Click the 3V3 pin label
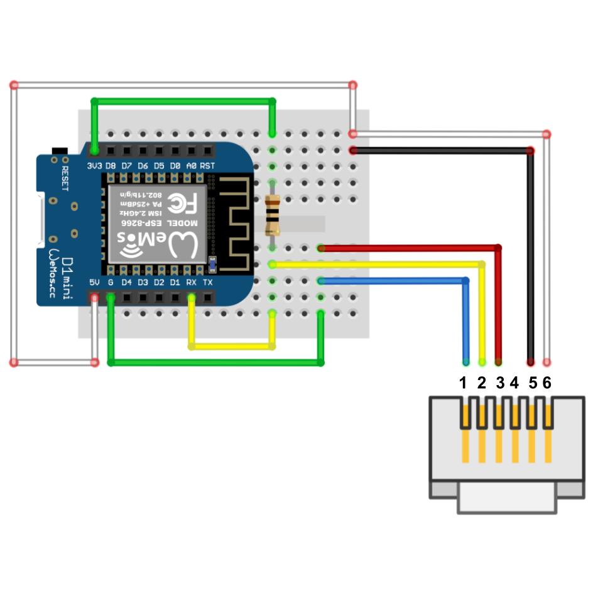(94, 166)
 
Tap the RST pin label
(208, 166)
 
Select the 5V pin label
(94, 283)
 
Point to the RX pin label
(192, 283)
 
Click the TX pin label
(208, 283)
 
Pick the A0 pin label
(192, 166)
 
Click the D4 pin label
(126, 283)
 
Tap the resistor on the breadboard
(273, 215)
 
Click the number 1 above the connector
(464, 383)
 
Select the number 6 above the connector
(547, 383)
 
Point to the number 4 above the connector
(514, 383)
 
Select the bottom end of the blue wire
(465, 362)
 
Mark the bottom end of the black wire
(531, 362)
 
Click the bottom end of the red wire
(498, 362)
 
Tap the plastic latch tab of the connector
(506, 499)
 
